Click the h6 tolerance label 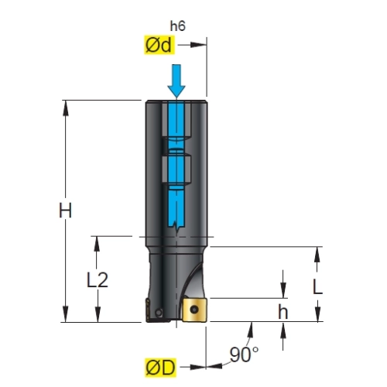point(177,26)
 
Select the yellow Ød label point(159,45)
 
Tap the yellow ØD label point(160,367)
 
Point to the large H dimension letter point(65,211)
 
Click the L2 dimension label point(97,280)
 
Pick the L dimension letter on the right point(317,287)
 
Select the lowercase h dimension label point(283,311)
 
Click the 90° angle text point(244,354)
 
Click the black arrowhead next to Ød point(198,45)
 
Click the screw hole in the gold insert point(193,309)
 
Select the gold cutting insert point(194,310)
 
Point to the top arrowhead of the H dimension point(66,108)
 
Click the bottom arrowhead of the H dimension point(66,314)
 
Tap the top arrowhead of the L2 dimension point(97,244)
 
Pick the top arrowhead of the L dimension point(317,255)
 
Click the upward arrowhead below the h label point(283,330)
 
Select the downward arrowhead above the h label point(283,290)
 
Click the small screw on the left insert point(159,312)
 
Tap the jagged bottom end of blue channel point(176,225)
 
